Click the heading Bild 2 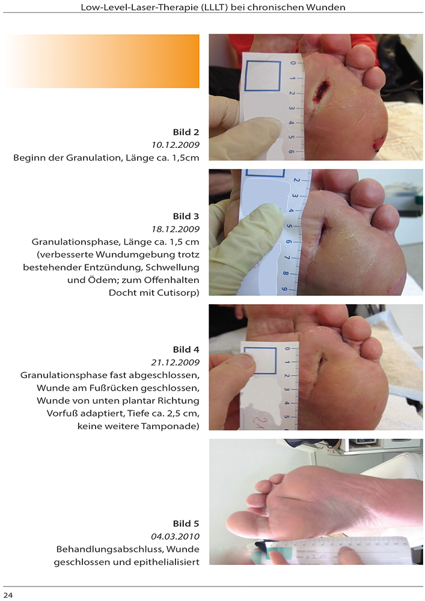click(186, 132)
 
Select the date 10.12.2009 click(176, 145)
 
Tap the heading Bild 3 click(186, 216)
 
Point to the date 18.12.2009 click(176, 229)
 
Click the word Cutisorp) click(178, 293)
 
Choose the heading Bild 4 click(186, 350)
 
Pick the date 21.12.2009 click(176, 362)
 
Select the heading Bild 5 click(186, 523)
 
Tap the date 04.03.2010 click(176, 536)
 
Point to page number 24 click(8, 595)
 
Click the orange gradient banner click(102, 61)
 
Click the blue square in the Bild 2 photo click(263, 76)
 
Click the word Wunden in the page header click(329, 7)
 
